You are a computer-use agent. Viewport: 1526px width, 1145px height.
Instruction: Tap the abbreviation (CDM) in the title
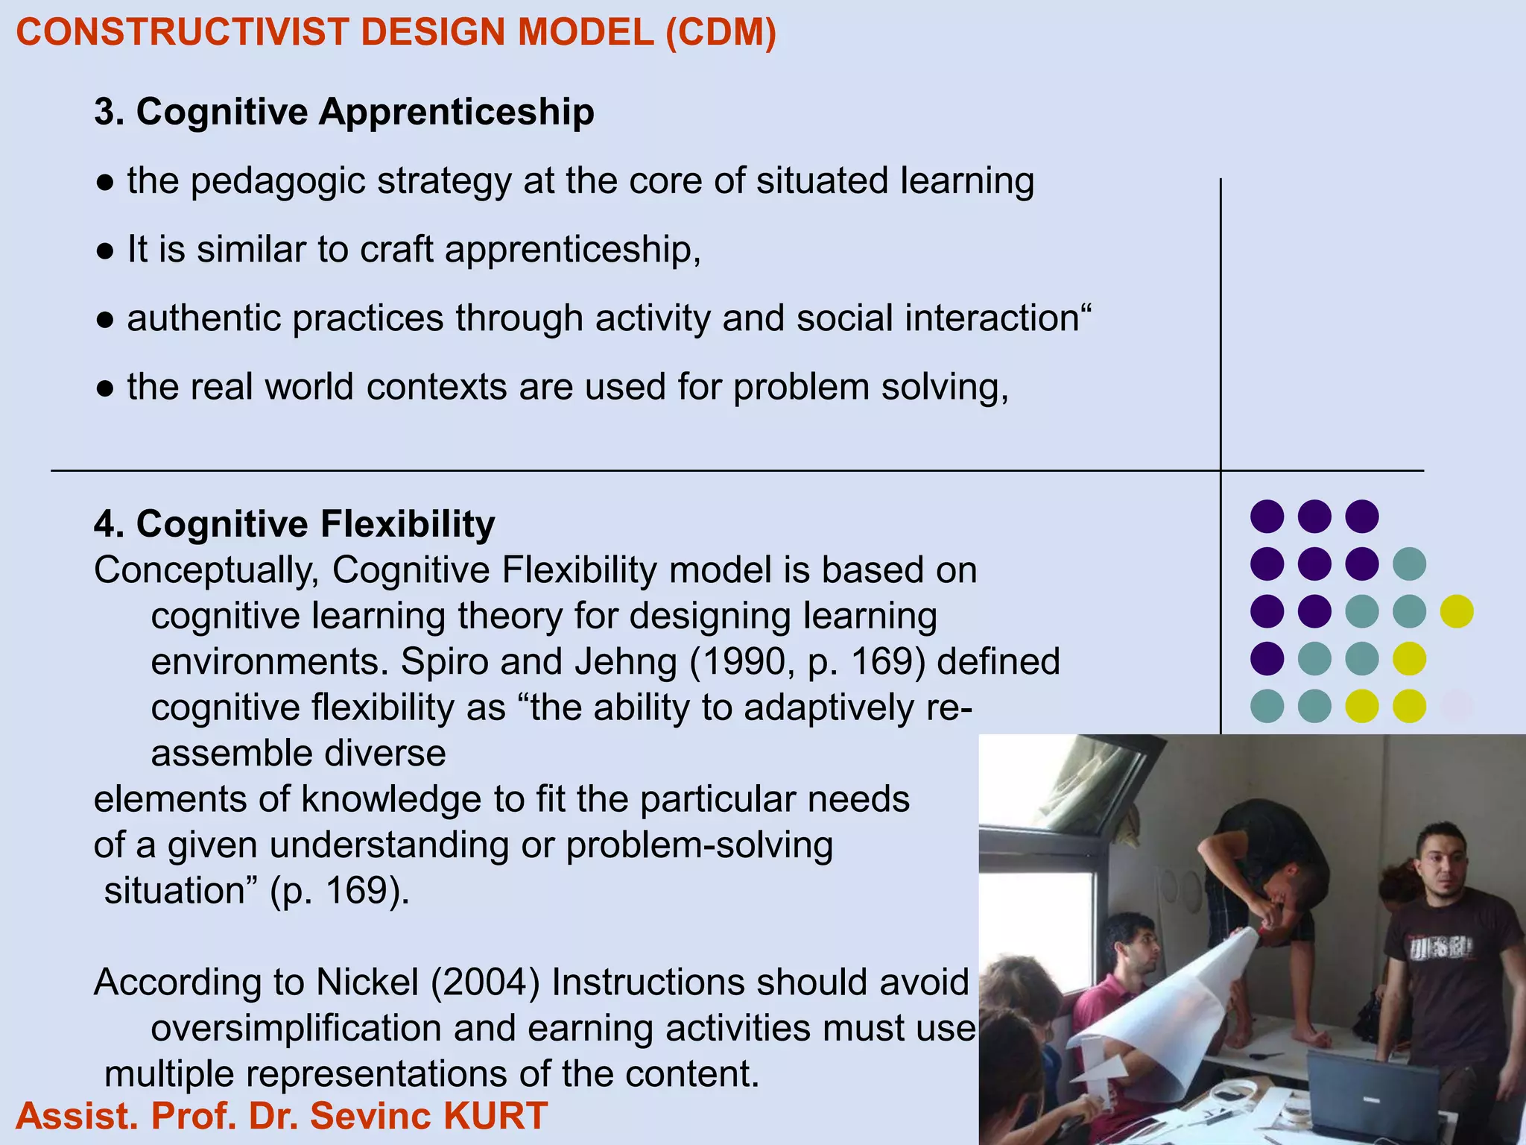point(721,33)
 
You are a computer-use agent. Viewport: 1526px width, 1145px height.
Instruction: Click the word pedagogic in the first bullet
point(277,181)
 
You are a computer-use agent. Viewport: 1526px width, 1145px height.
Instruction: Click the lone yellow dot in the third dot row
point(1457,611)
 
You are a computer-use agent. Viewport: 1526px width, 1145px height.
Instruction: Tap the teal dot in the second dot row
point(1409,564)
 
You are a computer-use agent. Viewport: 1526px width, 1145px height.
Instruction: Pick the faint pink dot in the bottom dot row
point(1457,706)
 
